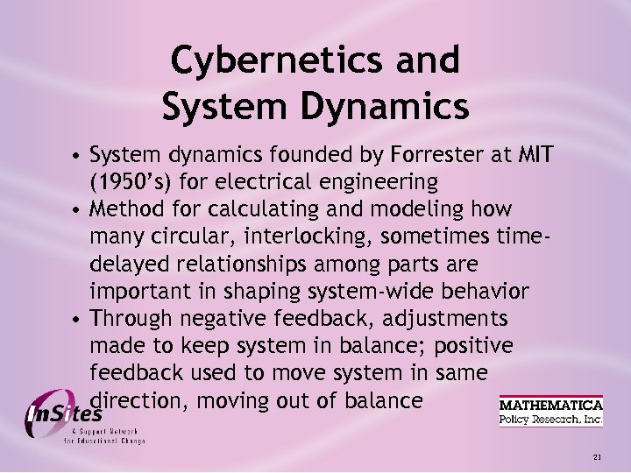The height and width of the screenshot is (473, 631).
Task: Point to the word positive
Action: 472,346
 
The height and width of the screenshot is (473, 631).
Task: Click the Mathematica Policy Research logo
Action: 550,412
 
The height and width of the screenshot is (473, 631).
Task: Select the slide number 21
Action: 598,457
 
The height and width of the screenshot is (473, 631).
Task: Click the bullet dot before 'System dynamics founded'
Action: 78,157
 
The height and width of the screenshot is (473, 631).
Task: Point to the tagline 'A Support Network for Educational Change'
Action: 103,436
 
